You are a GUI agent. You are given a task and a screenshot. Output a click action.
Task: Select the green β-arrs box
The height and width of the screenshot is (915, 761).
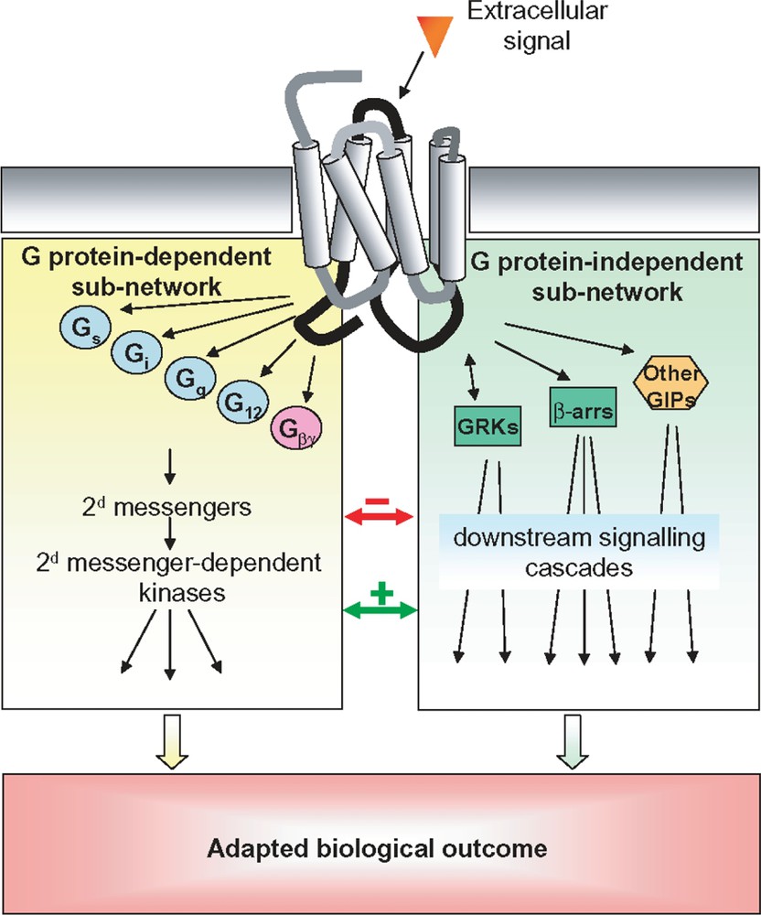(x=582, y=407)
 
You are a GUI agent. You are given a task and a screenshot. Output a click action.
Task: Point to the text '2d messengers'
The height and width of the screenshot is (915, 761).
(x=169, y=505)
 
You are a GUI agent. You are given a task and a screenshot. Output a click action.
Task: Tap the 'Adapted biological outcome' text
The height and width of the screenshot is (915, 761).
(x=378, y=848)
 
